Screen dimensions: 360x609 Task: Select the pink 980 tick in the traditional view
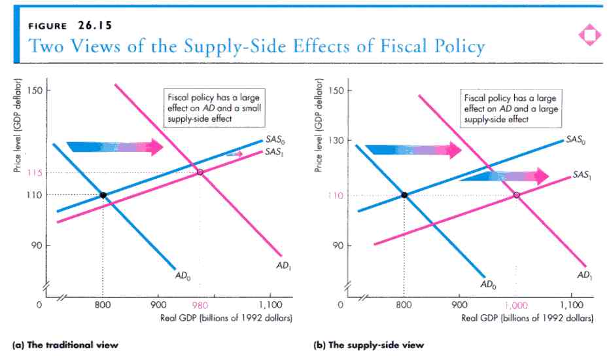click(200, 304)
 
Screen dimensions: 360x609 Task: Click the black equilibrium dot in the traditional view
click(103, 195)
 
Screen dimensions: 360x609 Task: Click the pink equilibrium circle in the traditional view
click(200, 172)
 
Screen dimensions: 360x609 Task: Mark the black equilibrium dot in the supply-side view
click(404, 195)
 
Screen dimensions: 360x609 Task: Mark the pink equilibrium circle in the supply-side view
click(517, 195)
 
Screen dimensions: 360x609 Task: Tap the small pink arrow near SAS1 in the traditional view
click(234, 154)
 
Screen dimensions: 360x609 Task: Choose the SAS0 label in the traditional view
click(275, 139)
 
